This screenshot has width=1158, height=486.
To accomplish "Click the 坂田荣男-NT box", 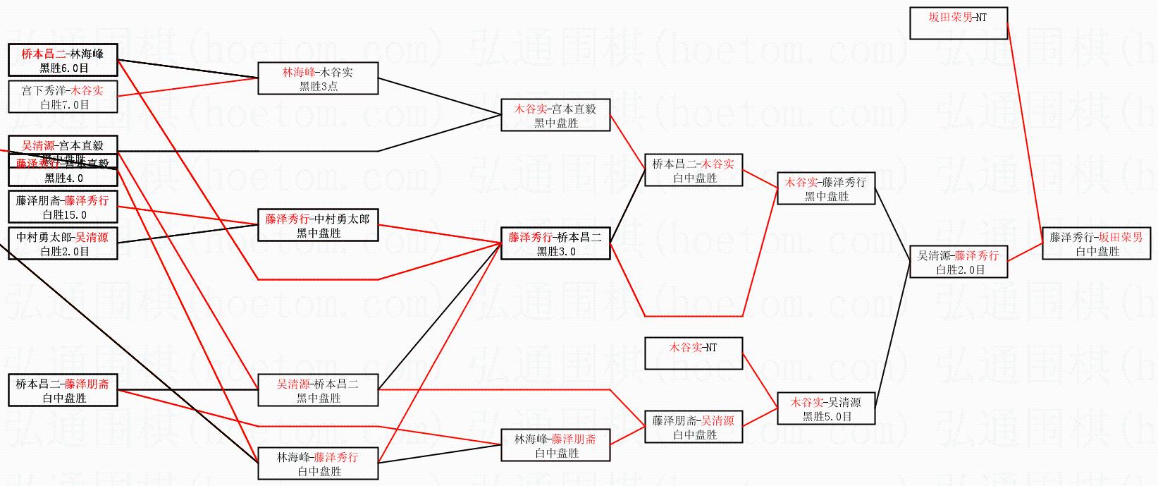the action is pos(958,23).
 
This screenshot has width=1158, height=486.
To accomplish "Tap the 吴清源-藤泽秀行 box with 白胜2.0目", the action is pos(958,262).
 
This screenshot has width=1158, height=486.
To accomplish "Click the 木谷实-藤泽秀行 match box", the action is pos(825,188).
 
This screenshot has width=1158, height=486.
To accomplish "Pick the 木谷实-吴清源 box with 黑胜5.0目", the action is pos(825,408).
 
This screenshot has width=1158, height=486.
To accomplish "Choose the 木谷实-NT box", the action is pos(694,353).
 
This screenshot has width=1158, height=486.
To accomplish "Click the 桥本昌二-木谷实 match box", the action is pos(694,170).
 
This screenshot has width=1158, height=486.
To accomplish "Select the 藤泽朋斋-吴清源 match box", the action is pos(694,427).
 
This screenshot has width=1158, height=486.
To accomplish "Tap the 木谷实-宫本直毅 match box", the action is pos(555,115).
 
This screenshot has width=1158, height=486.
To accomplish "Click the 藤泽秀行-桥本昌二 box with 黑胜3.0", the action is pos(555,243).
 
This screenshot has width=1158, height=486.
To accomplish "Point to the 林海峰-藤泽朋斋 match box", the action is pos(555,445).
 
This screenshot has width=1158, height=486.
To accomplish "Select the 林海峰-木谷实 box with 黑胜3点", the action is pos(318,78).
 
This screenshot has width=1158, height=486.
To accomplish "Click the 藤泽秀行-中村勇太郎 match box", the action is pos(318,225).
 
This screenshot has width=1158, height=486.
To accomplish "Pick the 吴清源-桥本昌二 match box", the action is pos(318,390).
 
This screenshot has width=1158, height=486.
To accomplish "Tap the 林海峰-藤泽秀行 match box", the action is pos(318,463).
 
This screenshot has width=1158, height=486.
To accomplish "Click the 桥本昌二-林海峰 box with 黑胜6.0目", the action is pos(63,60).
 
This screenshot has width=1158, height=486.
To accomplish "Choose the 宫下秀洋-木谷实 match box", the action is pos(63,97).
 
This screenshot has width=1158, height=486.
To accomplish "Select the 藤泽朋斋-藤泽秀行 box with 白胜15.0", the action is pos(63,207).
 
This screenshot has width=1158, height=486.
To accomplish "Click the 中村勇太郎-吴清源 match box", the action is pos(63,243).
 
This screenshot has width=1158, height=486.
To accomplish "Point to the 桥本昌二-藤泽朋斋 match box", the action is pos(63,390).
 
